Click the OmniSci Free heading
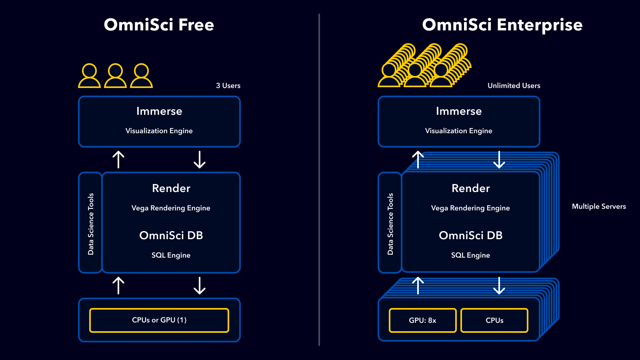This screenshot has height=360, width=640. point(159,25)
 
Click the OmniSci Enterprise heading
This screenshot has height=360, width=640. point(502,25)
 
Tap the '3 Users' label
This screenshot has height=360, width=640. point(228,86)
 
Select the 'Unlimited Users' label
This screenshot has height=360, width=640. point(514,86)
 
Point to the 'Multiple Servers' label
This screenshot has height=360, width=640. point(598,206)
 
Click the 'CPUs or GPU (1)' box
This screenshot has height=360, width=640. point(159,320)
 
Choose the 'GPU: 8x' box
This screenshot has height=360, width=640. point(422,320)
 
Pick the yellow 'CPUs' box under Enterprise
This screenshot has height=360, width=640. point(494,320)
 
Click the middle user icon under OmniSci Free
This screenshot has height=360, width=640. point(115,76)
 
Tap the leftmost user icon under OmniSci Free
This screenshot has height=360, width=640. point(89,76)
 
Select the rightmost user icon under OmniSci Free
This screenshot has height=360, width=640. point(142,76)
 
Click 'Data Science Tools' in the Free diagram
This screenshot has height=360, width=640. point(91,224)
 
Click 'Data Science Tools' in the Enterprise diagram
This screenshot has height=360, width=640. point(390,224)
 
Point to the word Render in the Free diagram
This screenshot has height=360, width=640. point(171,188)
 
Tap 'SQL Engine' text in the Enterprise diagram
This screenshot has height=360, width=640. point(470,255)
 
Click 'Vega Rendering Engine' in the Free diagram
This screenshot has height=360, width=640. point(171,208)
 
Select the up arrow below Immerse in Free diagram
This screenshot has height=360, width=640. point(118,160)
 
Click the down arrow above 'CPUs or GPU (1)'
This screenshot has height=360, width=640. point(199,286)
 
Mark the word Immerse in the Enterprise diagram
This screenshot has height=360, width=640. point(458,111)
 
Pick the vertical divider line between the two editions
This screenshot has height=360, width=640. point(319,180)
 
